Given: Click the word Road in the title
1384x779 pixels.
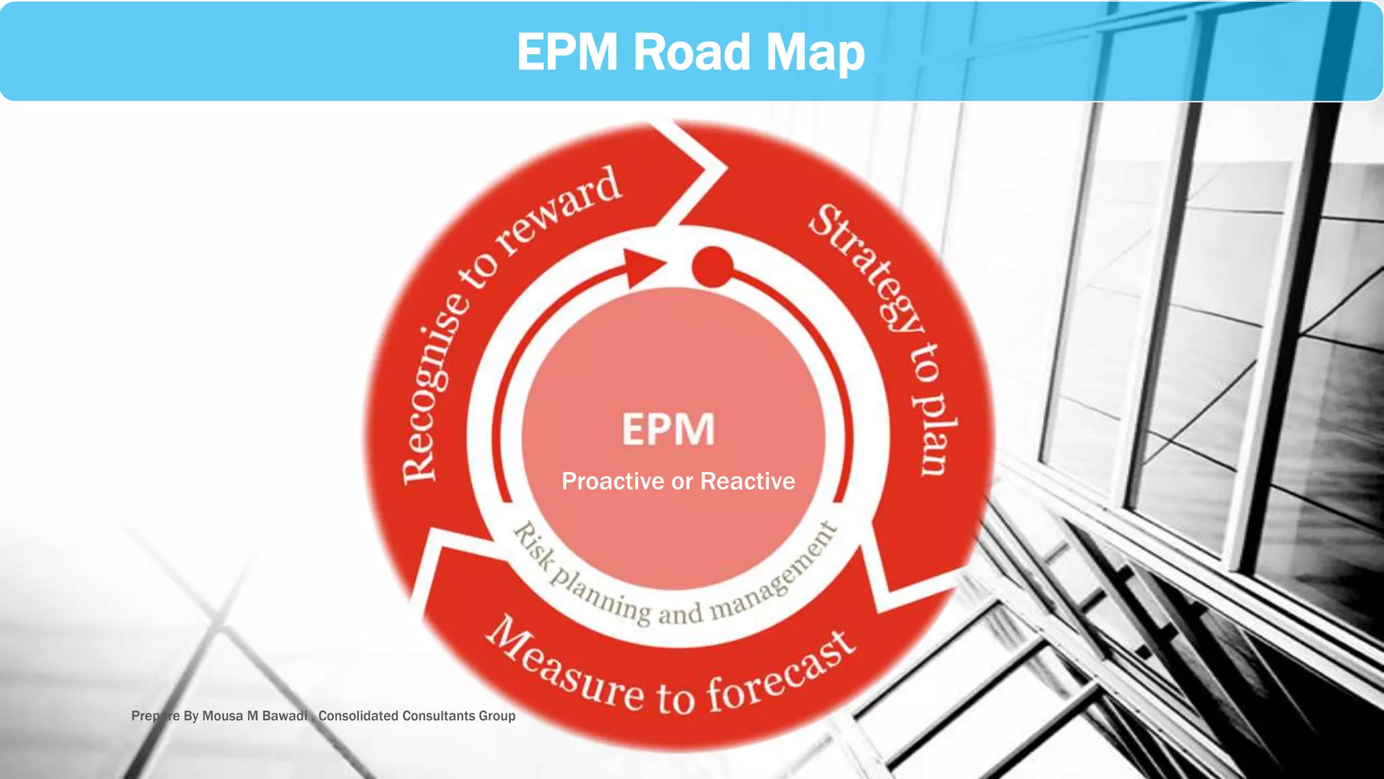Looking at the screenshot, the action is pos(691,52).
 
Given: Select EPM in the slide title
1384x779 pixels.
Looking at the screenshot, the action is pos(567,52).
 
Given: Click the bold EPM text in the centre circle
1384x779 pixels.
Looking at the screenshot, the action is pos(668,429).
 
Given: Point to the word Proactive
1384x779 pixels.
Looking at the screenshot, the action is pos(612,481).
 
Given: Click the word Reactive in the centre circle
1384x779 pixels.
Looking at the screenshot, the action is pos(747,481).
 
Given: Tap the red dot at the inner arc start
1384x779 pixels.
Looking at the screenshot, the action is pos(712,266).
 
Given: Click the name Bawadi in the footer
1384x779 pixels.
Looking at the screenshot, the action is pos(285,716).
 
